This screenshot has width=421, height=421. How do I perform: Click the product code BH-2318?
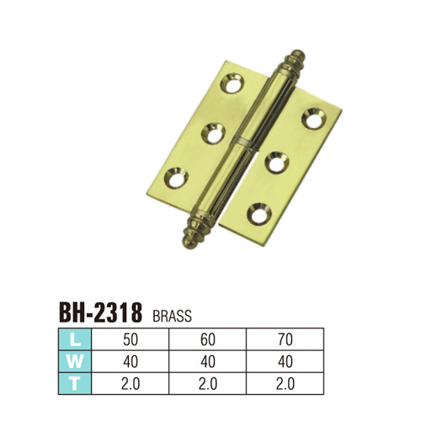pyautogui.click(x=101, y=312)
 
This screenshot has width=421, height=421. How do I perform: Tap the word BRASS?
pyautogui.click(x=173, y=316)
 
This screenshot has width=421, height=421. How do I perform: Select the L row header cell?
pyautogui.click(x=75, y=339)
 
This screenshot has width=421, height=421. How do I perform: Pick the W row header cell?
pyautogui.click(x=75, y=362)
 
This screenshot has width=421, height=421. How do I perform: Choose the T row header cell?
pyautogui.click(x=75, y=384)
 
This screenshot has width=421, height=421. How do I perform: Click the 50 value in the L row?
pyautogui.click(x=131, y=339)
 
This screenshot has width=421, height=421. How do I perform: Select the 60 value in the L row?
pyautogui.click(x=208, y=339)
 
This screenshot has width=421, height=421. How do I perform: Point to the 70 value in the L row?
pyautogui.click(x=285, y=339)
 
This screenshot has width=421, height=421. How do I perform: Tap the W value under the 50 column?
pyautogui.click(x=131, y=362)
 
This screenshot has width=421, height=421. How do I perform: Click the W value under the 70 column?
pyautogui.click(x=285, y=362)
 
